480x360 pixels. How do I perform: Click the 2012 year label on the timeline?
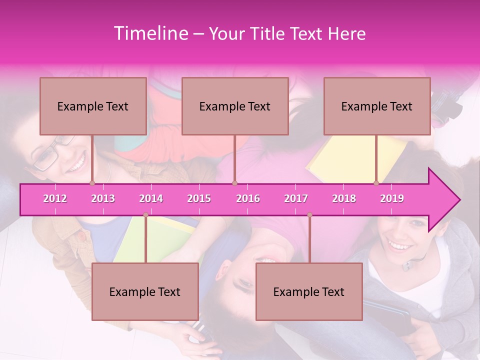coord(55,198)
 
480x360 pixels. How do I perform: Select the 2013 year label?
coord(103,198)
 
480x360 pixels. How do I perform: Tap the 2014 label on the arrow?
coord(151,198)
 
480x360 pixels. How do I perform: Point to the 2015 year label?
coord(199,198)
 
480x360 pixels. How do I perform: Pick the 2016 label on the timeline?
coord(248,198)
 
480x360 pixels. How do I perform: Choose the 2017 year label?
coord(296,198)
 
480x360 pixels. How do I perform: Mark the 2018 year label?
coord(344,198)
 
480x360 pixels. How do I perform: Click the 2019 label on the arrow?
coord(392,198)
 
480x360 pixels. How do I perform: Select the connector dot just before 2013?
coord(92,183)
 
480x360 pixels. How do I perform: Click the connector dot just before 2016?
coord(234,183)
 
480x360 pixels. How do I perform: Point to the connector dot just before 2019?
coord(376,183)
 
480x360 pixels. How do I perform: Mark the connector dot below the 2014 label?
coord(145,215)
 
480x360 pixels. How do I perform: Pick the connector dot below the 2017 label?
coord(309,215)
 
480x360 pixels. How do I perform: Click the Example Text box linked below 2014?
coord(145,291)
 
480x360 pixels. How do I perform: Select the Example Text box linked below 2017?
coord(309,291)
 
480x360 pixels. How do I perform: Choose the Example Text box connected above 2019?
coord(377,106)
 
